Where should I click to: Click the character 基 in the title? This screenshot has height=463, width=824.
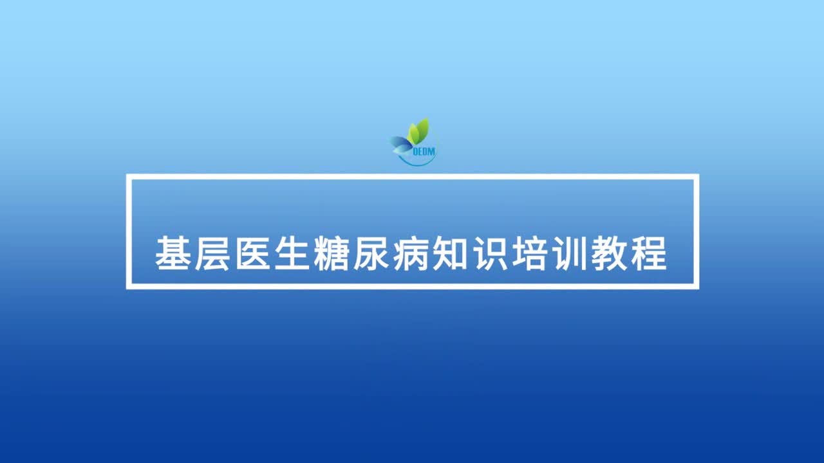point(173,253)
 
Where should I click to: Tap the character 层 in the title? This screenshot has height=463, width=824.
point(212,253)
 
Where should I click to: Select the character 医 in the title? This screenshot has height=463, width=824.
point(252,253)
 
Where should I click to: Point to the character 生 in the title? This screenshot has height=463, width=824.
point(292,253)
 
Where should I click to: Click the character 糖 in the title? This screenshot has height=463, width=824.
point(332,253)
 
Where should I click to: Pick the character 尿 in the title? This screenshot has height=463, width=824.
point(371,253)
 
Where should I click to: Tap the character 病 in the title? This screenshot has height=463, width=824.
point(411,253)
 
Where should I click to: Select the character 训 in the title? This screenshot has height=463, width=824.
point(570,253)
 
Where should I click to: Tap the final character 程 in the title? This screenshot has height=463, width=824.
point(649,253)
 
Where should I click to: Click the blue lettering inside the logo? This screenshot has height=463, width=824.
point(424,151)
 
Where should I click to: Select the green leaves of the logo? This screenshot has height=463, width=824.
point(419,131)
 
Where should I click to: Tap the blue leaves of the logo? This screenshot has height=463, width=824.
point(401,145)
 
